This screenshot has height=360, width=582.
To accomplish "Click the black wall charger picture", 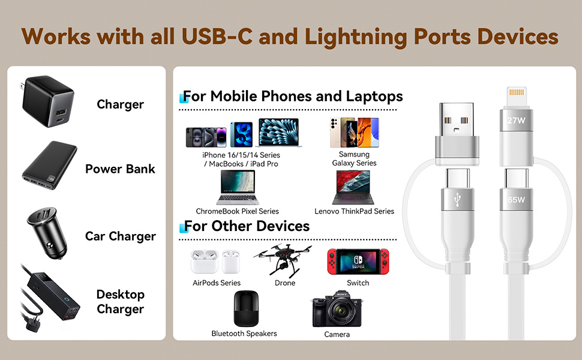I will (48, 103).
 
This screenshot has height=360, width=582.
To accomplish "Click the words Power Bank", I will (120, 169).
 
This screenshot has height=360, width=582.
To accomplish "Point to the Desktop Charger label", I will (120, 302).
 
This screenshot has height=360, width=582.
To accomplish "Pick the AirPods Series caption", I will (216, 283).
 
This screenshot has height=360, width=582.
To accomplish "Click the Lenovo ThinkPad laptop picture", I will (354, 188).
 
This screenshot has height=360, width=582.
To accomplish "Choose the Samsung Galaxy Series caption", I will (354, 159).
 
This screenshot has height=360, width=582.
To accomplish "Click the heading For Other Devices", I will (246, 226).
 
